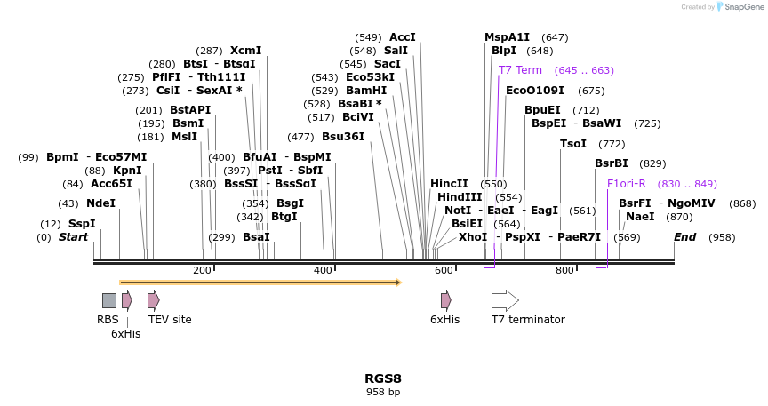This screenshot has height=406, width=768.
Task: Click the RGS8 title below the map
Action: point(383,378)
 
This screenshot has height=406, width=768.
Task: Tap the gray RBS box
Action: point(108,300)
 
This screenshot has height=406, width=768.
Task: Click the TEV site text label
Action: point(170,320)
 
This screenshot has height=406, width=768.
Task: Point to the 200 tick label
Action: point(202,270)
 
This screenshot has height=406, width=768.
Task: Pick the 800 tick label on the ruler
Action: point(564,270)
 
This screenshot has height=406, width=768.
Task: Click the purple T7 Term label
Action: point(520,70)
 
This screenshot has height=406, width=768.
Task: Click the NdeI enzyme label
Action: point(100,203)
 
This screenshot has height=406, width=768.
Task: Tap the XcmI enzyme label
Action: point(245,51)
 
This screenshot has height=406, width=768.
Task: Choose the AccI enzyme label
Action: point(403,37)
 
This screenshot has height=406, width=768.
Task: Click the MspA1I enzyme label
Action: point(507,37)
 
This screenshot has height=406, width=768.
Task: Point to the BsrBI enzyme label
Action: point(612,163)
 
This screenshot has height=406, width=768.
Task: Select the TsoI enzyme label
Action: point(573,144)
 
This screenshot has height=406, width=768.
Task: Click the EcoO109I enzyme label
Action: point(534,91)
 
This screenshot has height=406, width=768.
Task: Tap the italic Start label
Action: point(74,237)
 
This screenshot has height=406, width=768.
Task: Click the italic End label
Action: point(684,237)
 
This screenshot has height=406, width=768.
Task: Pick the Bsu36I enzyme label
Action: point(343,137)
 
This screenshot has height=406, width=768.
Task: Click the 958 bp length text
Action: point(383,392)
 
